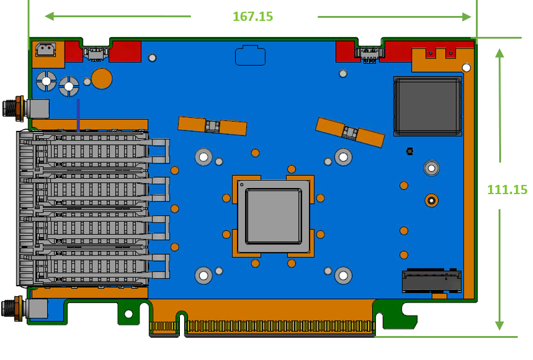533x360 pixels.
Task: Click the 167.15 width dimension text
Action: pos(252,17)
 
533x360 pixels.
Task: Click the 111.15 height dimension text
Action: pos(507,190)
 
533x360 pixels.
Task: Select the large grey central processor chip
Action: pos(273,216)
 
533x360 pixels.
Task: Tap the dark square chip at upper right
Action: pos(427,106)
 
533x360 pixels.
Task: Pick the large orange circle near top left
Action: pos(102,79)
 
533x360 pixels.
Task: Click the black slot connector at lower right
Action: pos(432,281)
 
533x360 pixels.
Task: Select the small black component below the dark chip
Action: pos(410,151)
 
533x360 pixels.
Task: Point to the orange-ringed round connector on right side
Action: pos(432,200)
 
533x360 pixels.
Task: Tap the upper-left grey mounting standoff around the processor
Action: pos(203,157)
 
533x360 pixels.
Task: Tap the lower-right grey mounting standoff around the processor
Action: pos(343,275)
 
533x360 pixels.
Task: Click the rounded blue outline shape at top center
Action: pos(251,55)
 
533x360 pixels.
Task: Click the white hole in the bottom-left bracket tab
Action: pos(128,314)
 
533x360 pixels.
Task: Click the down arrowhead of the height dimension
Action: pos(500,325)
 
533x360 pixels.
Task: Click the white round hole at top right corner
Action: pos(467,67)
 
